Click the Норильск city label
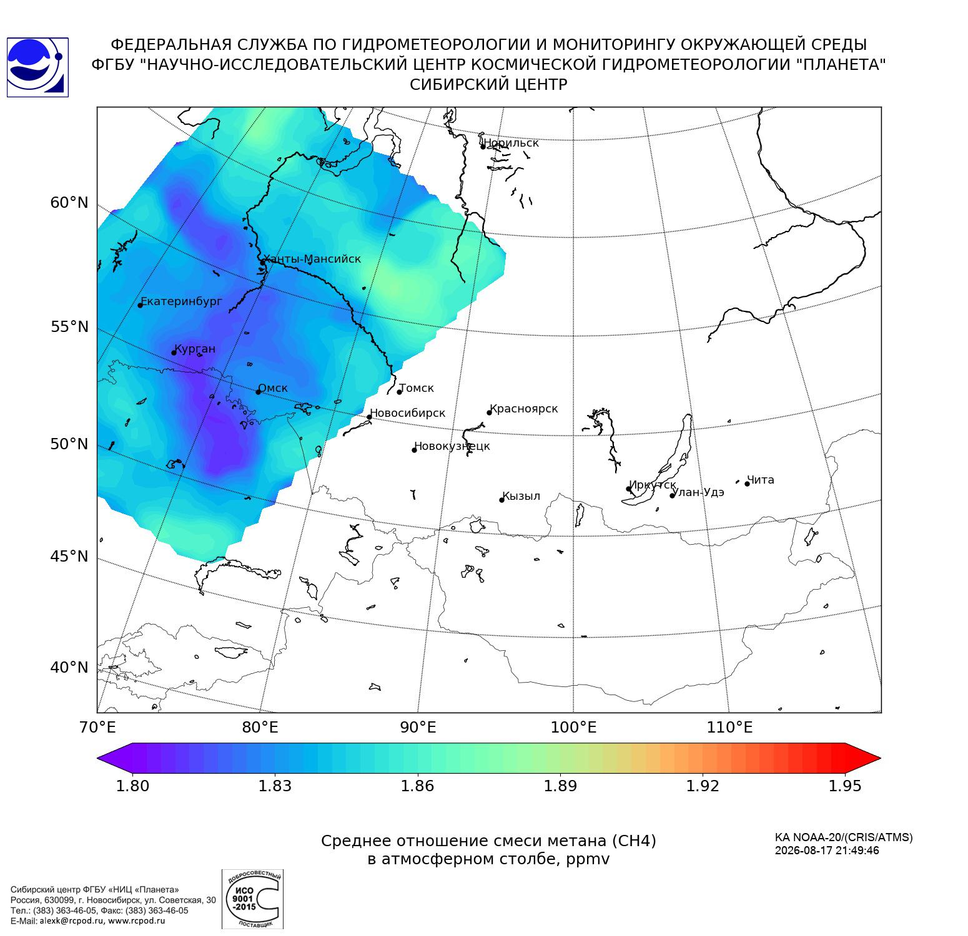511,143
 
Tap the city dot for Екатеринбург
141,305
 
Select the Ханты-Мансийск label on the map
312,259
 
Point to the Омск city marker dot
258,392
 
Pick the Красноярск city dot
490,412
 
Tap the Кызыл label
521,497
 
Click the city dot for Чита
747,484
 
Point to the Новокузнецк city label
452,446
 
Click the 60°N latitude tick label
69,203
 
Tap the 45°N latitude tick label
69,556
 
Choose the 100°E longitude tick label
574,728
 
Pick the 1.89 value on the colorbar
560,786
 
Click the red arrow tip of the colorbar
879,759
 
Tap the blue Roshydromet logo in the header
37,67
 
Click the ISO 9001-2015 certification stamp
253,899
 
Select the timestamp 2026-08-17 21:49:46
827,851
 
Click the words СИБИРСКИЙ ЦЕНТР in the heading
488,85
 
